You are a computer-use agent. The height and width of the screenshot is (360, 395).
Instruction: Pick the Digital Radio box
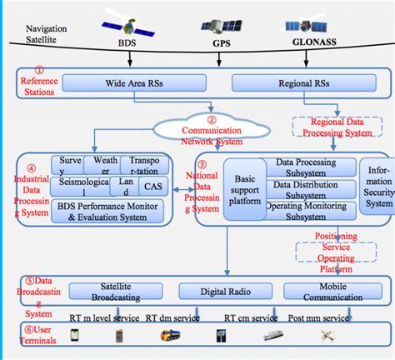[220, 292]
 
